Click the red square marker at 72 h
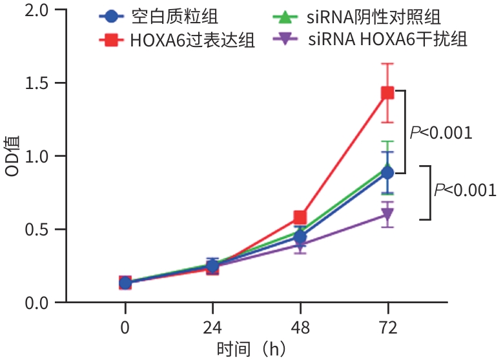(387, 93)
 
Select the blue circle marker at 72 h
(387, 173)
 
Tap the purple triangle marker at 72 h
(387, 215)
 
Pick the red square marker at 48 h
(300, 217)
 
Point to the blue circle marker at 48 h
(300, 237)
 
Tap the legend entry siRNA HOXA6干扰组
(387, 40)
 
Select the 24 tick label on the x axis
(212, 328)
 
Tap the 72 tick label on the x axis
(387, 328)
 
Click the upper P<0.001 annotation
(441, 133)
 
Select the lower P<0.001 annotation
(465, 190)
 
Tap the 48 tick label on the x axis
(300, 328)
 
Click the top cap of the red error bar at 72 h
(387, 63)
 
